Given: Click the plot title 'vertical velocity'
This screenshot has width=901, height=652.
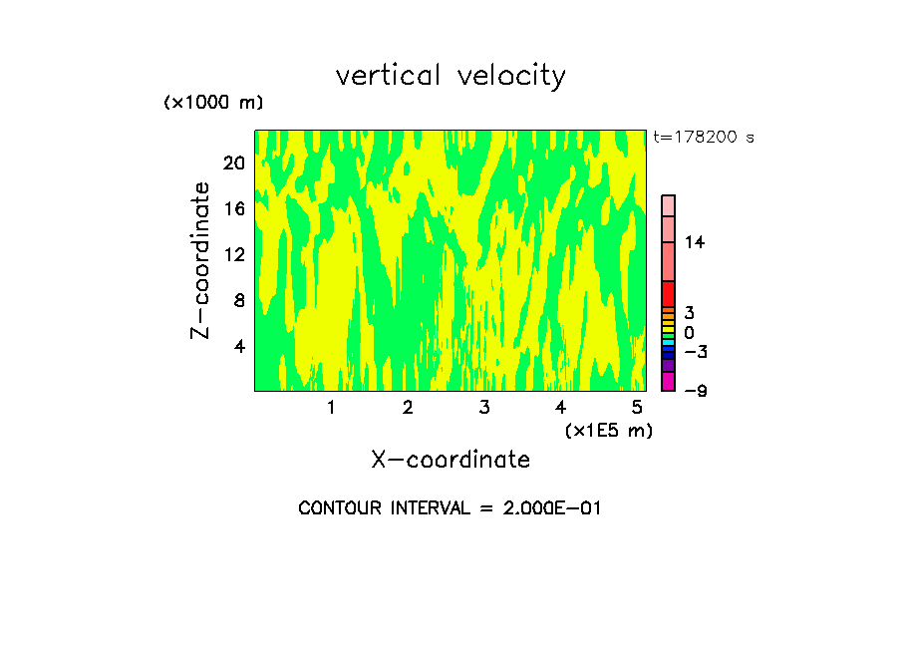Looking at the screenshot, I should (x=450, y=76).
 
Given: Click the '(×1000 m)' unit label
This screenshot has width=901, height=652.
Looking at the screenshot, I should (x=213, y=103).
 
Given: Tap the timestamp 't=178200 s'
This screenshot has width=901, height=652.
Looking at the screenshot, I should (x=703, y=138).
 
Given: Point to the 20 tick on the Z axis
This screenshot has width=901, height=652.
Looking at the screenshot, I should (x=233, y=163).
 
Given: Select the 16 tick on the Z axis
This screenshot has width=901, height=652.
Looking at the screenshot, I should (x=233, y=209).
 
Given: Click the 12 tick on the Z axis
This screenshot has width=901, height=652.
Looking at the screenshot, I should (x=233, y=254).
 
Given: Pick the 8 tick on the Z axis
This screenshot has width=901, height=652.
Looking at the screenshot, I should (x=238, y=300).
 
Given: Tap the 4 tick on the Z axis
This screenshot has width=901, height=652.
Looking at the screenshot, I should (x=238, y=346).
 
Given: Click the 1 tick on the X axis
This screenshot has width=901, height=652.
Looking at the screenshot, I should (x=331, y=408).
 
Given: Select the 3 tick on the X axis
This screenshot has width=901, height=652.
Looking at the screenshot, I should (x=484, y=408).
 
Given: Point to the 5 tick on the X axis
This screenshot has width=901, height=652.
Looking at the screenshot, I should (x=637, y=408).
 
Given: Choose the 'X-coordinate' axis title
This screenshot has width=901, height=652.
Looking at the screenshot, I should (x=450, y=460).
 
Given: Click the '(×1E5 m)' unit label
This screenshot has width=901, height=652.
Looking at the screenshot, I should (x=608, y=431).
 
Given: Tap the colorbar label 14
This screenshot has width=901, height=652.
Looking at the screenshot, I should (x=694, y=242).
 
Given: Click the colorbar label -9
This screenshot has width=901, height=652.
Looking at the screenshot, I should (x=695, y=391).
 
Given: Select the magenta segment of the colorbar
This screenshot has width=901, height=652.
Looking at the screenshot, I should (x=668, y=381).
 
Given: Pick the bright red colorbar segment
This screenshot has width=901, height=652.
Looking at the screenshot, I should (x=668, y=294).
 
